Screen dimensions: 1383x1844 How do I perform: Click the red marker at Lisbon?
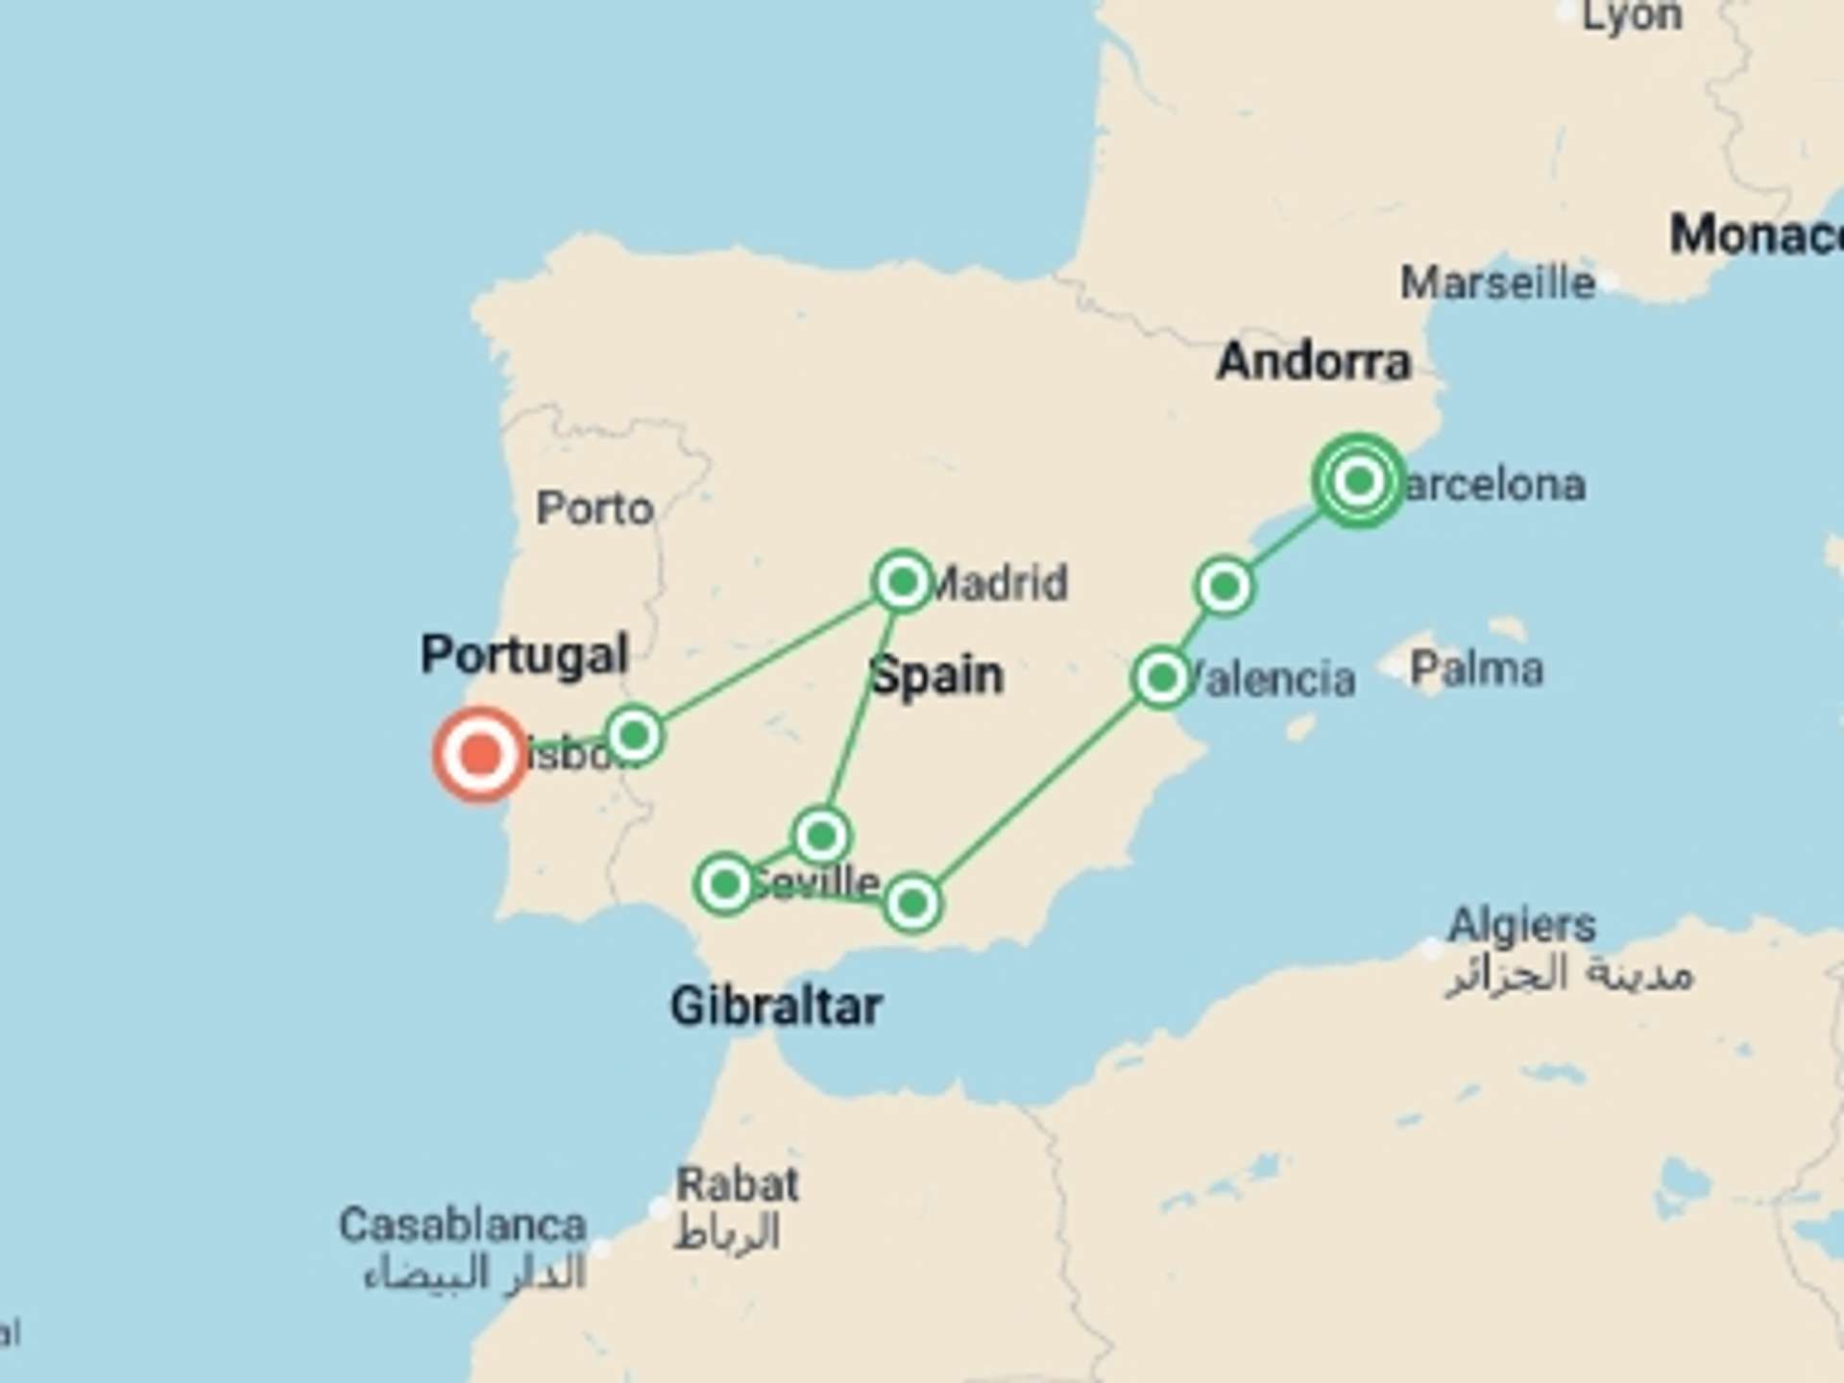[480, 755]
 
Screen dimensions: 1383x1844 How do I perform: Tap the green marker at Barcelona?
[1358, 480]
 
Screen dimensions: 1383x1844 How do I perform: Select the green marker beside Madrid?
[902, 581]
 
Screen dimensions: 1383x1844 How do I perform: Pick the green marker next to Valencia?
[1162, 678]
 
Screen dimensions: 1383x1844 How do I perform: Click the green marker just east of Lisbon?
[634, 736]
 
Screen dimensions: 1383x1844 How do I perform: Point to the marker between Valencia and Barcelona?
[1225, 586]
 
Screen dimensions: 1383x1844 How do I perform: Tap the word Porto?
[594, 508]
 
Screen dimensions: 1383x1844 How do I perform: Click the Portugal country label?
[524, 655]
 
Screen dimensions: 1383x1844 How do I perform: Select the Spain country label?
[937, 675]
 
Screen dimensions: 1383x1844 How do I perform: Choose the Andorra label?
[1313, 362]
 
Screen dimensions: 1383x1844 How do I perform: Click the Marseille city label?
[1497, 283]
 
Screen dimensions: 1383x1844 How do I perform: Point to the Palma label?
[1476, 668]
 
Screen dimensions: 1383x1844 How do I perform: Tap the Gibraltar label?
[776, 1007]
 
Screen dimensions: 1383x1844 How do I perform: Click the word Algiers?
[1521, 926]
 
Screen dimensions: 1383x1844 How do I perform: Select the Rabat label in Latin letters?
[737, 1184]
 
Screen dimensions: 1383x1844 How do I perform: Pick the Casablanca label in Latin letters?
[462, 1225]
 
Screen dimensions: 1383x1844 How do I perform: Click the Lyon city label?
[1632, 16]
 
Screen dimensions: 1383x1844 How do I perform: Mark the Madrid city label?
[1001, 583]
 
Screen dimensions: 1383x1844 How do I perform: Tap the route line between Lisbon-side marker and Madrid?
[768, 659]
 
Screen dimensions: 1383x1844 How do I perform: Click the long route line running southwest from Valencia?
[1037, 790]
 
